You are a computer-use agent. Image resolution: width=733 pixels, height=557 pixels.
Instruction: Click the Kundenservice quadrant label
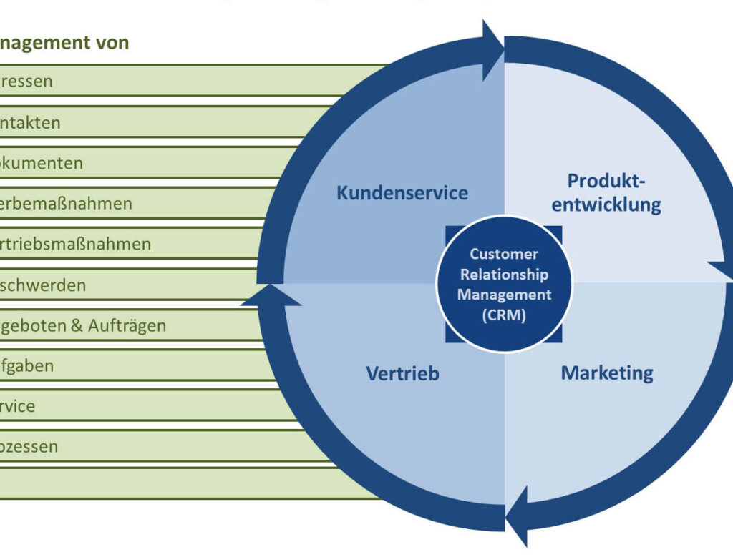402,193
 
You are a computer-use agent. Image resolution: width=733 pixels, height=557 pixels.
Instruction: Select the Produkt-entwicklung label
613,193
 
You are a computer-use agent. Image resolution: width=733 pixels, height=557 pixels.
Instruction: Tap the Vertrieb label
402,373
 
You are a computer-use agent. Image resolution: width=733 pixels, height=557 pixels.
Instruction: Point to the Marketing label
607,373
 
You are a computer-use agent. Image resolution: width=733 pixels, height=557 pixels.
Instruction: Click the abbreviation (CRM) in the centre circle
505,315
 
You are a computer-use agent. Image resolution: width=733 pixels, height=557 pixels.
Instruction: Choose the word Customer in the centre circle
504,254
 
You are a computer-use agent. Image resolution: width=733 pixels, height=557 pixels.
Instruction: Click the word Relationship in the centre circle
504,274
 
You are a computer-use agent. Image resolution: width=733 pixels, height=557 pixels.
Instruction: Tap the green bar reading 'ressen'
26,81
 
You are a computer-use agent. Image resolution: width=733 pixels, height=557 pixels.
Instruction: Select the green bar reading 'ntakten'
30,122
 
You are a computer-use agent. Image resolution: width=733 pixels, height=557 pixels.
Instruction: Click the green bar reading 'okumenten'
42,163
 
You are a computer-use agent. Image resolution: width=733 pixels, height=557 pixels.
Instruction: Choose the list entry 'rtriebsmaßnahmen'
75,245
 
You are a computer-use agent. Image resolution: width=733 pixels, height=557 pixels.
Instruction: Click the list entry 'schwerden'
43,285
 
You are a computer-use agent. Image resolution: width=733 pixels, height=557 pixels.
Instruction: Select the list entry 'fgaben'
27,367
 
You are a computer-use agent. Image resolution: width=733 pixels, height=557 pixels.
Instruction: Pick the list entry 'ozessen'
29,448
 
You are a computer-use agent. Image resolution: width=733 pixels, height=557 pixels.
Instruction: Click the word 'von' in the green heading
112,43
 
